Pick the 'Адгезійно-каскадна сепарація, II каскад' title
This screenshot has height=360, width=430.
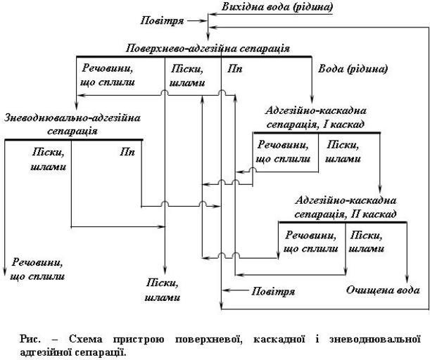click(x=346, y=207)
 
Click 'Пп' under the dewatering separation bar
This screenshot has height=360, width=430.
click(x=127, y=150)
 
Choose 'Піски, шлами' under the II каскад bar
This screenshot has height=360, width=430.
click(x=367, y=241)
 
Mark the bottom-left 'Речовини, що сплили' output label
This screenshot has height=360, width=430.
click(x=37, y=270)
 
